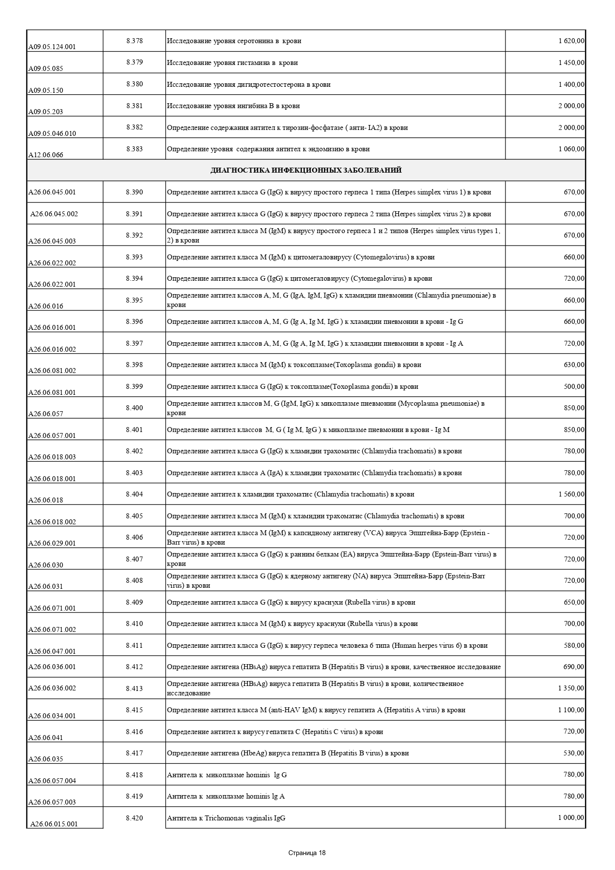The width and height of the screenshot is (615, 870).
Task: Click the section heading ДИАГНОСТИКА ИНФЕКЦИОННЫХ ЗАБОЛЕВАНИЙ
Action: (306, 170)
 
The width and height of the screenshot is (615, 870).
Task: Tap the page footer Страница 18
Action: (307, 853)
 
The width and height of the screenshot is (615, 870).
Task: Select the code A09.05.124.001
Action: (52, 47)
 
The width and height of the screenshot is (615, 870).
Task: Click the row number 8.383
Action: (134, 149)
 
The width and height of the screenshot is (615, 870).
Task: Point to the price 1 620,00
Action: (571, 41)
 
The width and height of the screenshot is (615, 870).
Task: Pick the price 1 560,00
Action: (571, 494)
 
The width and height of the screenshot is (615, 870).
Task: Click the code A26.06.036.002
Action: (52, 688)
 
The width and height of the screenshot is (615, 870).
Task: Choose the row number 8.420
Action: (134, 818)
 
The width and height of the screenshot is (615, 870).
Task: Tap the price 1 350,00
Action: (571, 688)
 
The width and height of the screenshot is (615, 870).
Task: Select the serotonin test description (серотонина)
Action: (234, 41)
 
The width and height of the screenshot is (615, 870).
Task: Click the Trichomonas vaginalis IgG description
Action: (226, 818)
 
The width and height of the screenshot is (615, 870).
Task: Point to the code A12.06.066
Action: (46, 155)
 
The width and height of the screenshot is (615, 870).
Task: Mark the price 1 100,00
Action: (571, 710)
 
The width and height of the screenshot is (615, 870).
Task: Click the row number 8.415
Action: (134, 710)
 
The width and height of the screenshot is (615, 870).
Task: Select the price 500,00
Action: (574, 386)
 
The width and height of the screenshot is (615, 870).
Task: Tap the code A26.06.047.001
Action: (52, 651)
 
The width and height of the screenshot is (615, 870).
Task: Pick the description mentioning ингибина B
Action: (233, 106)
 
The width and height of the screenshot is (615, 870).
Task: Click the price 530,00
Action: (574, 753)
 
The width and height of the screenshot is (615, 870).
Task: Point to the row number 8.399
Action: (134, 386)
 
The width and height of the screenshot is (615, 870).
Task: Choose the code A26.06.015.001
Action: (54, 824)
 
